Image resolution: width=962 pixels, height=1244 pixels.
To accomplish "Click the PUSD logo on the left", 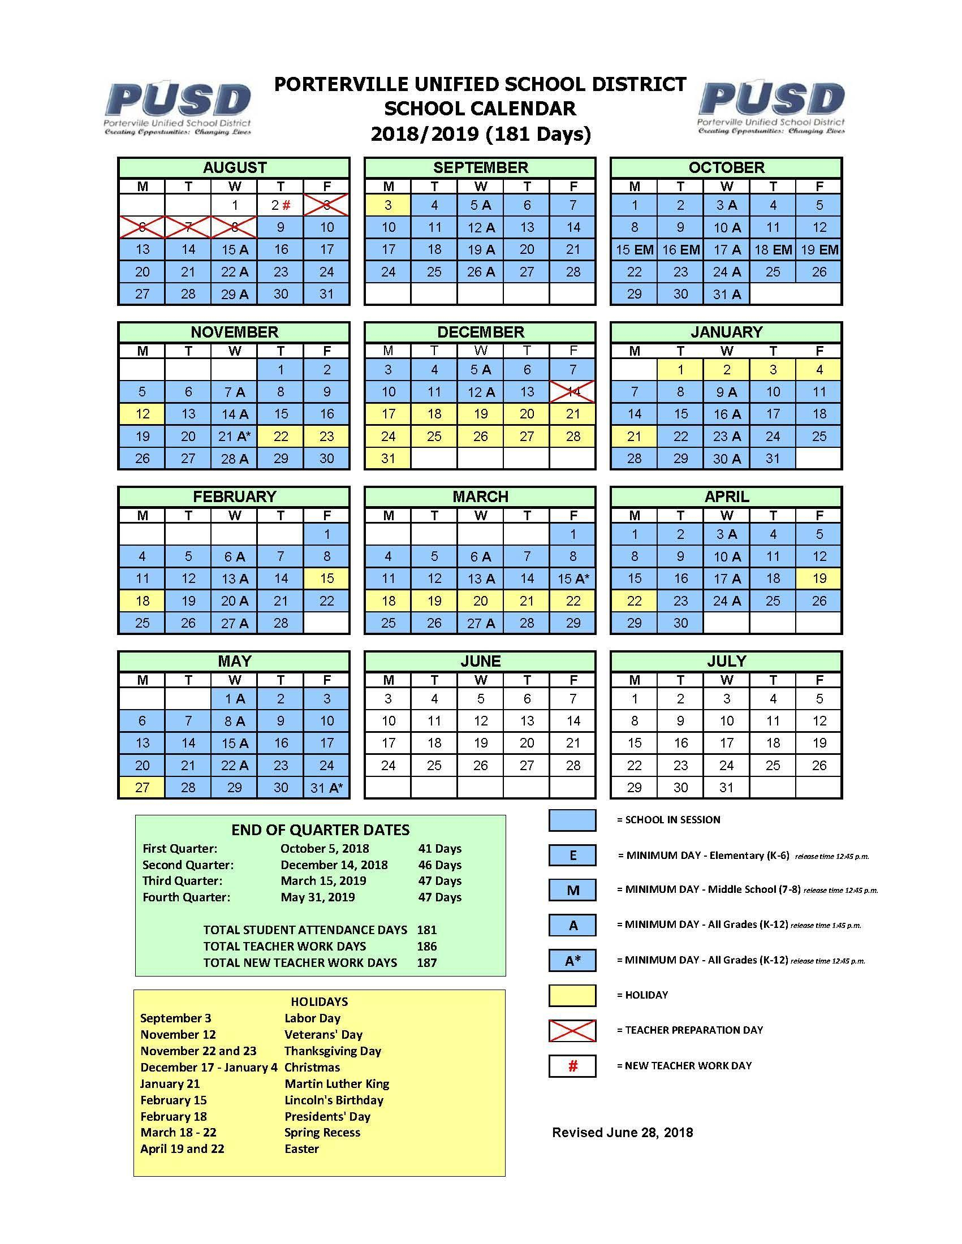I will coord(178,107).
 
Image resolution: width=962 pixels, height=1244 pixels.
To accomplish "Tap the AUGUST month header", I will coord(234,167).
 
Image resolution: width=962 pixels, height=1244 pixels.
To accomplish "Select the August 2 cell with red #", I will coord(280,205).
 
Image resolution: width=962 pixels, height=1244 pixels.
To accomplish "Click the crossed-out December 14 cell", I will coord(573,392).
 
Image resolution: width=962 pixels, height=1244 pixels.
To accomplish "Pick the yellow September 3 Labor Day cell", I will coord(388,205).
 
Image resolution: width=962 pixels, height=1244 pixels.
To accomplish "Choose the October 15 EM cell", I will coord(634,249).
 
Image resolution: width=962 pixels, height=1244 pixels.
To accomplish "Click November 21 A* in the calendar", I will coord(234,437).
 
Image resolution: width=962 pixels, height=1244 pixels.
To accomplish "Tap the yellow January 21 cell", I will coord(634,437).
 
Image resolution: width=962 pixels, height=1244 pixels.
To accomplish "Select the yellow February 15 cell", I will coord(326,578).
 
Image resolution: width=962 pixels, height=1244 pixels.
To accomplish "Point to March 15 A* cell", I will coord(573,578).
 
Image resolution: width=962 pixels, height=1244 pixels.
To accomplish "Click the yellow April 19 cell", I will coord(819,578).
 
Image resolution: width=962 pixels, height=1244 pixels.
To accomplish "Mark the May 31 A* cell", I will coord(326,788).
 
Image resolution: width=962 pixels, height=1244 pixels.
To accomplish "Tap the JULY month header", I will coord(726,662).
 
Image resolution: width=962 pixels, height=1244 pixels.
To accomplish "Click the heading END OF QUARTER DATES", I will coord(320,830).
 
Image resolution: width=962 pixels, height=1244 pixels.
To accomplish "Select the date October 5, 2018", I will coord(325,849).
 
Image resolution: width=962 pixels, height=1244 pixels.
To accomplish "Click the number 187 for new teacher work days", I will coord(426,962).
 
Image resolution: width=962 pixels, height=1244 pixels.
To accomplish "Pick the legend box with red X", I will coord(572,1030).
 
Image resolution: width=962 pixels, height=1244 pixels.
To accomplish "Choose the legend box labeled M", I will coord(572,890).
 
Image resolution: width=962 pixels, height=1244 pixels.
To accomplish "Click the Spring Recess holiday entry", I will coord(322,1133).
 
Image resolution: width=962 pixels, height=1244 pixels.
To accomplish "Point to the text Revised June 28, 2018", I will coord(623,1133).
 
